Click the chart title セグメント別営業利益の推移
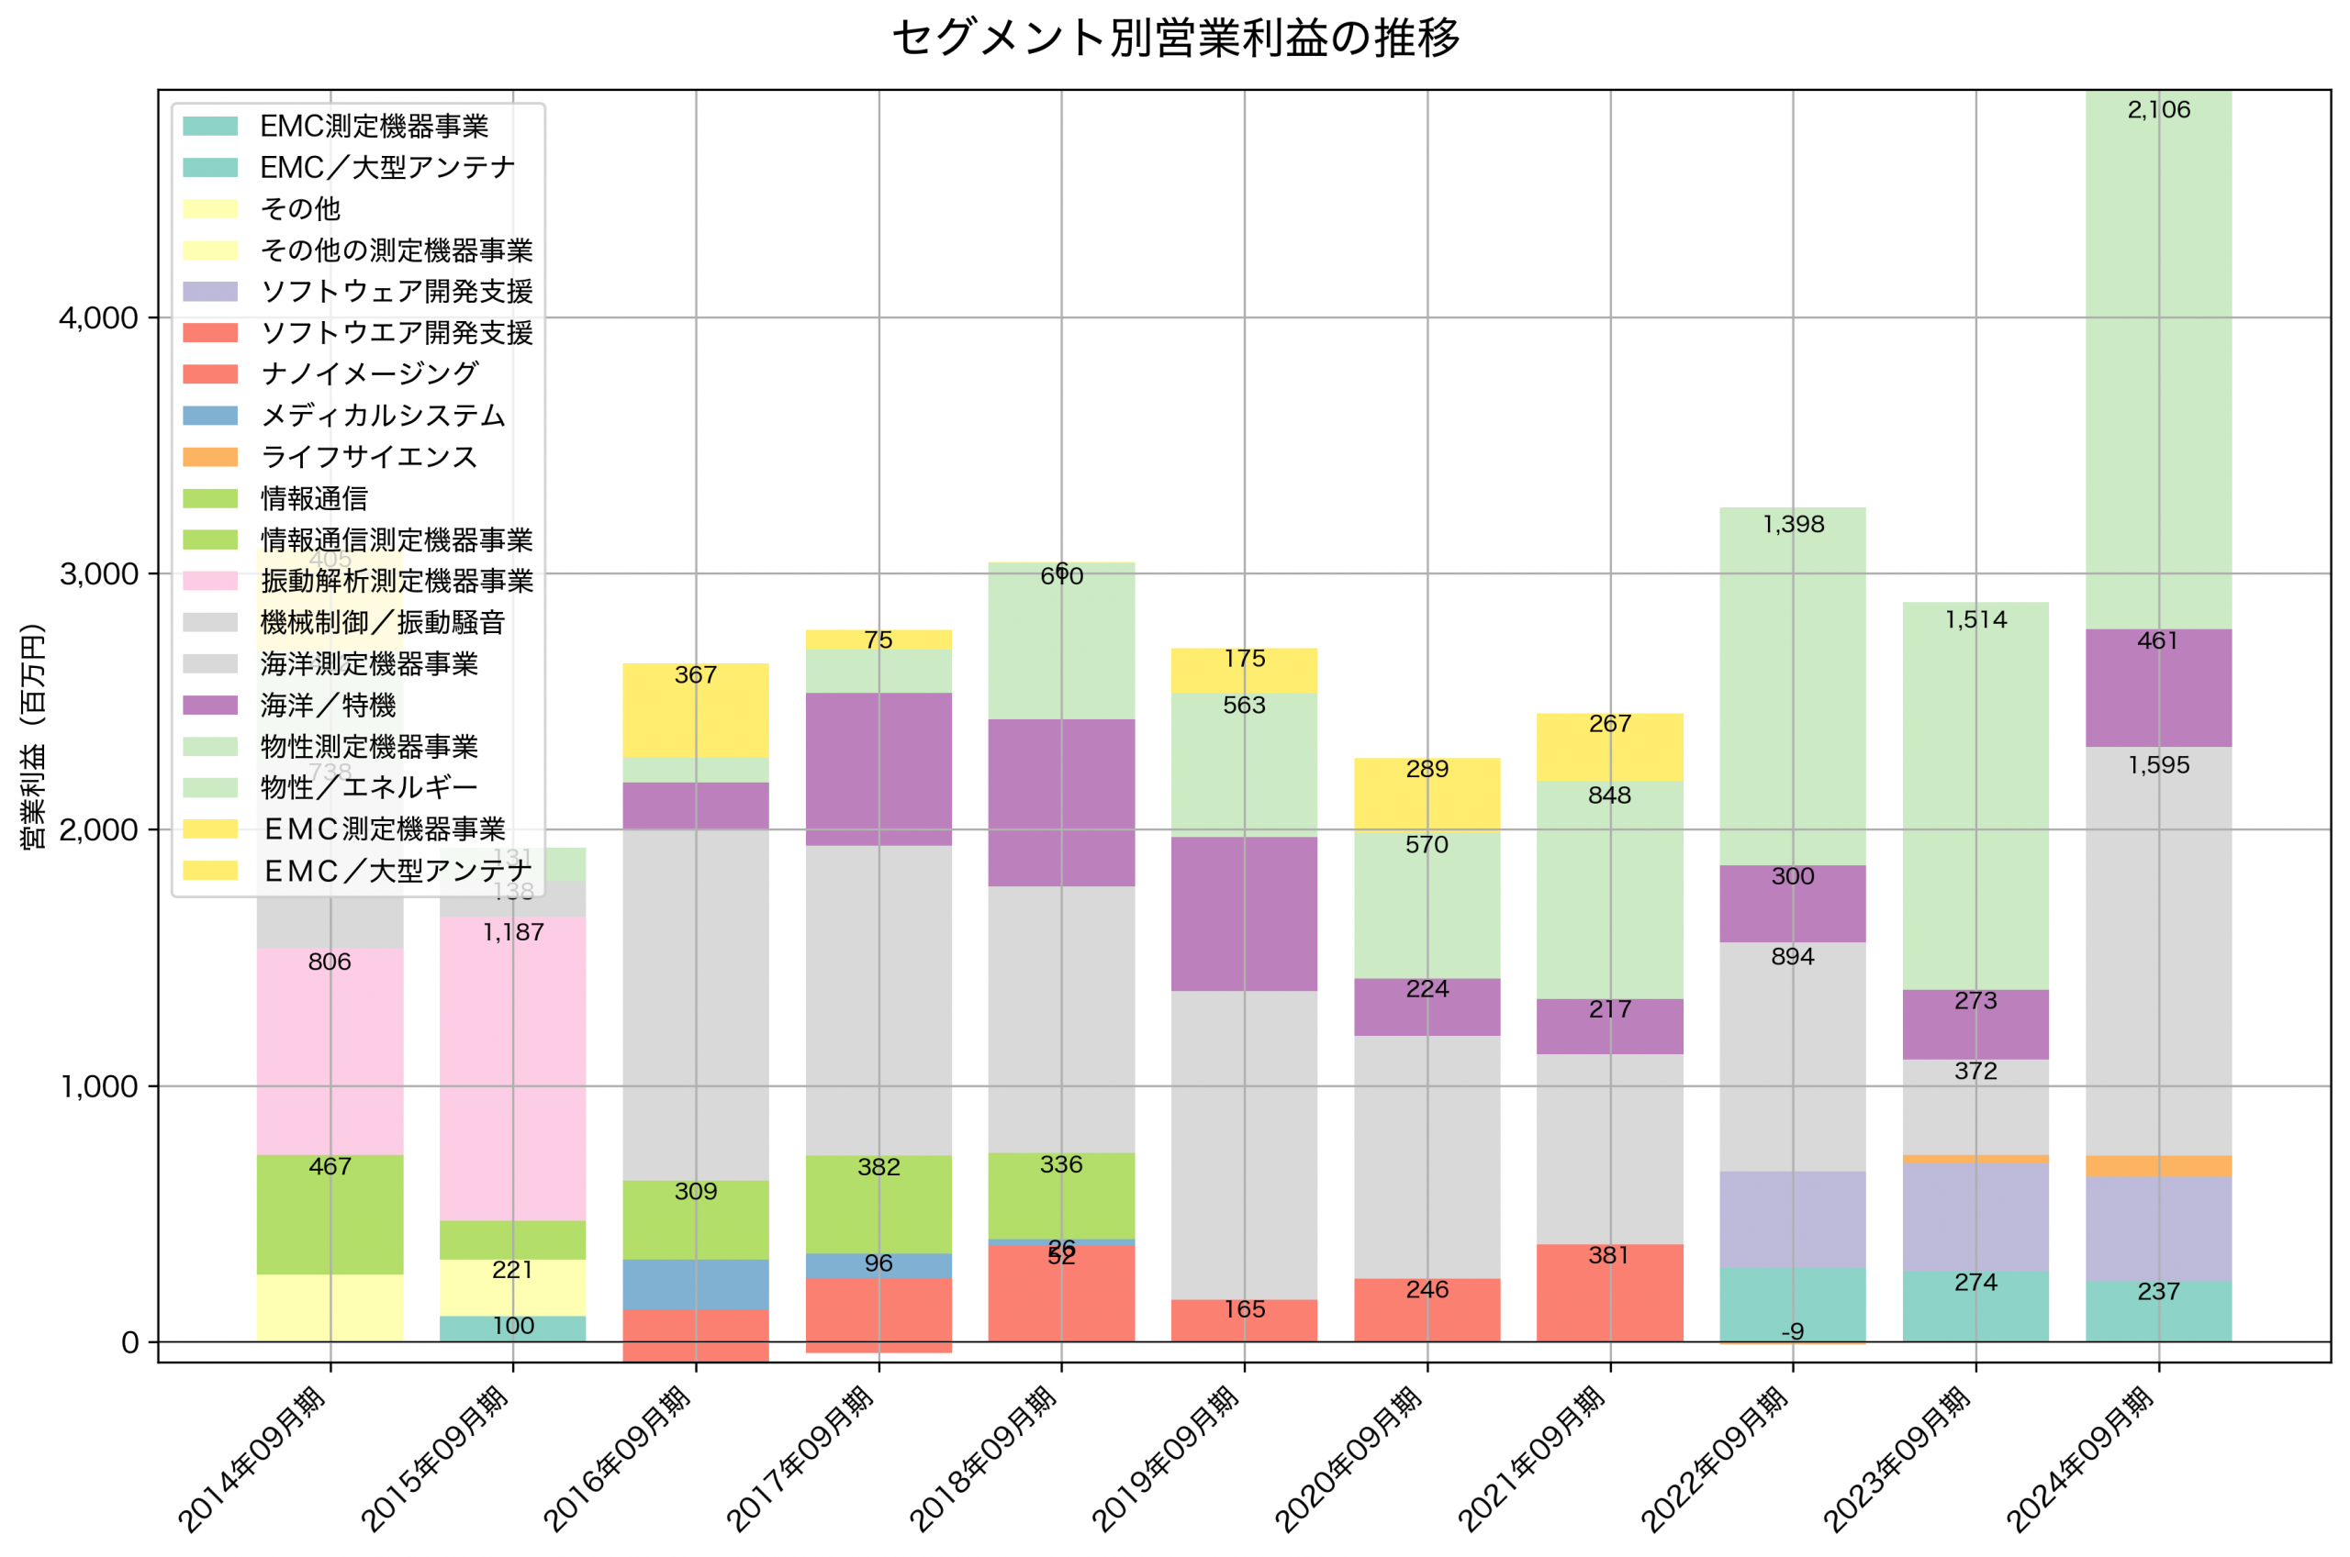pyautogui.click(x=1175, y=39)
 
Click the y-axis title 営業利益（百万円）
pyautogui.click(x=33, y=736)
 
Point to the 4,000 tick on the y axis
pyautogui.click(x=97, y=317)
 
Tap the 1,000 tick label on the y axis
pyautogui.click(x=97, y=1086)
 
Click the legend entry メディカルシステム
pyautogui.click(x=383, y=415)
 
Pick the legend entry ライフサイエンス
pyautogui.click(x=368, y=457)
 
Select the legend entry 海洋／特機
pyautogui.click(x=328, y=705)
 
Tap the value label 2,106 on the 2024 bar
pyautogui.click(x=2158, y=110)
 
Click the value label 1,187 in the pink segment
pyautogui.click(x=512, y=931)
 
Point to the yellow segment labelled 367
pyautogui.click(x=695, y=710)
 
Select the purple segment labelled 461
pyautogui.click(x=2158, y=687)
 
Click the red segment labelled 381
pyautogui.click(x=1609, y=1293)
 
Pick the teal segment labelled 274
pyautogui.click(x=1975, y=1306)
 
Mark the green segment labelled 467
pyautogui.click(x=330, y=1215)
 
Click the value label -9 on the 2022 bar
pyautogui.click(x=1792, y=1331)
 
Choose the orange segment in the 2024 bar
pyautogui.click(x=2158, y=1166)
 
